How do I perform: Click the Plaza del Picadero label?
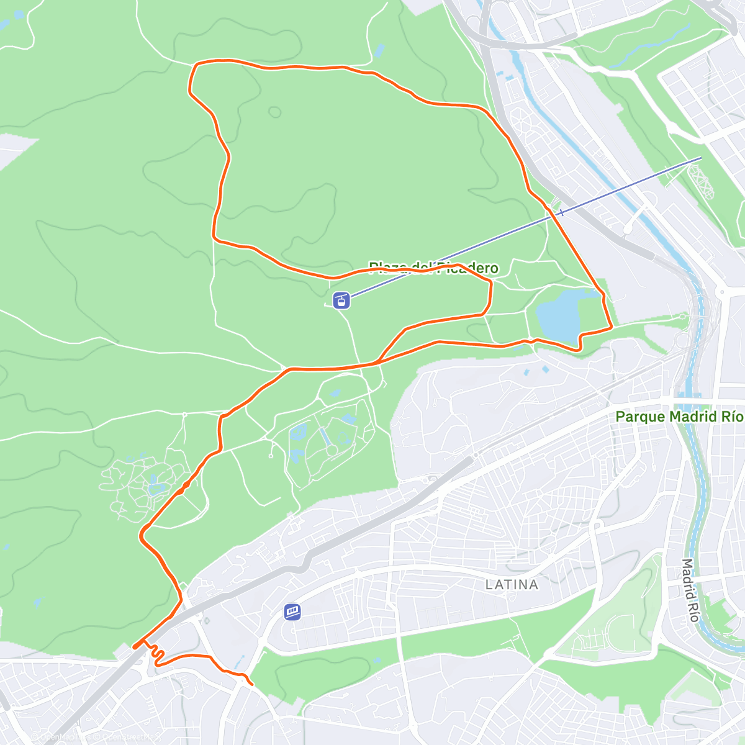(433, 268)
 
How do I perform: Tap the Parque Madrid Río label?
(679, 417)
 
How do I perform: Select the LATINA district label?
(512, 584)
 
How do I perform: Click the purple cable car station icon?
(341, 301)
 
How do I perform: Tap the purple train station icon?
(293, 612)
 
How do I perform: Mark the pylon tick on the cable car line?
(561, 213)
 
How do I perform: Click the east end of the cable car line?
(700, 158)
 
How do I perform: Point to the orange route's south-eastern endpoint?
(251, 684)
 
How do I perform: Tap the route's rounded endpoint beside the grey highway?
(135, 648)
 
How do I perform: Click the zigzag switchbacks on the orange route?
(156, 655)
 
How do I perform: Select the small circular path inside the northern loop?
(274, 112)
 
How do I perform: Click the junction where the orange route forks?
(377, 361)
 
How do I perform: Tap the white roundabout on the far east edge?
(721, 292)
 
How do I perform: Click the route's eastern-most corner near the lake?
(612, 326)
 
